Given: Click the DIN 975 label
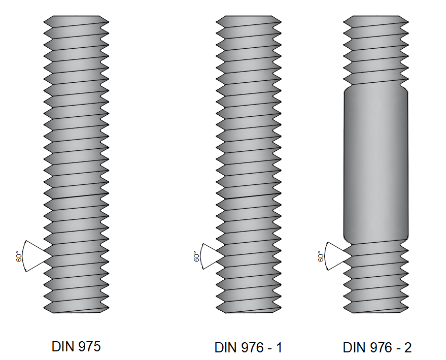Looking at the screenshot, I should coord(76,347).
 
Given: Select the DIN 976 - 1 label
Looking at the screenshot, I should coord(248,348).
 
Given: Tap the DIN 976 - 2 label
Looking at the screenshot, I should coord(377,348).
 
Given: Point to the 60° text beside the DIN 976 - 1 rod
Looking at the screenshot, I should coord(196,256).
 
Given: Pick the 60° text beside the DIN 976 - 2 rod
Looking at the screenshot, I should coord(320,256).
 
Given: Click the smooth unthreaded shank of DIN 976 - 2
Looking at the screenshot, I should coord(376,162).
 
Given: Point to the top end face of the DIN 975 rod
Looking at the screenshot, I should coord(76,17).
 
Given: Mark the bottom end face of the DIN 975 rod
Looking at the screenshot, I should coord(76,311).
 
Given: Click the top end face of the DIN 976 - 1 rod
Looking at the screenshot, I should coord(249,17).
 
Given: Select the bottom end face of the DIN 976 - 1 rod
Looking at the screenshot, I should coord(249,311).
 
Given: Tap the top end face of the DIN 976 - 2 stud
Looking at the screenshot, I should coord(376,17).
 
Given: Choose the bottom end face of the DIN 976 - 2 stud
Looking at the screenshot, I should coord(376,311).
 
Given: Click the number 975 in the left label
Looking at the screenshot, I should coord(89,347).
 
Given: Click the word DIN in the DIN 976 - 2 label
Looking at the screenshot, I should coord(354,348).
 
